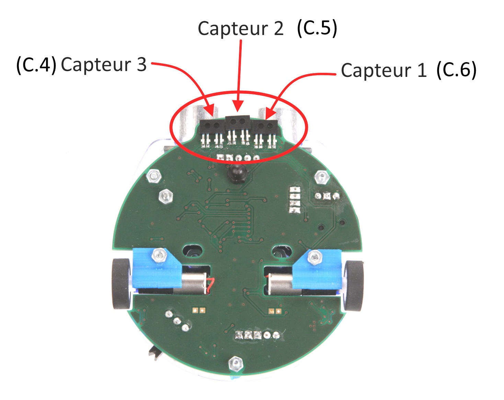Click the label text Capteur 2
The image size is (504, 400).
[x=241, y=28]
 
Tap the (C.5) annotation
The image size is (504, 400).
[x=317, y=28]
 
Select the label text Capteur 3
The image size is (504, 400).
[x=104, y=65]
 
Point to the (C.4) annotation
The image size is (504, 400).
[x=36, y=65]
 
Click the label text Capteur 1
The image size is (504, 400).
[x=383, y=71]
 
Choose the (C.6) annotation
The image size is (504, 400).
[x=456, y=70]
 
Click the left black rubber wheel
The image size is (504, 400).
[x=121, y=284]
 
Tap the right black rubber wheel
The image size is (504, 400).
[x=354, y=286]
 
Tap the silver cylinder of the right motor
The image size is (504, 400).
[x=279, y=284]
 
